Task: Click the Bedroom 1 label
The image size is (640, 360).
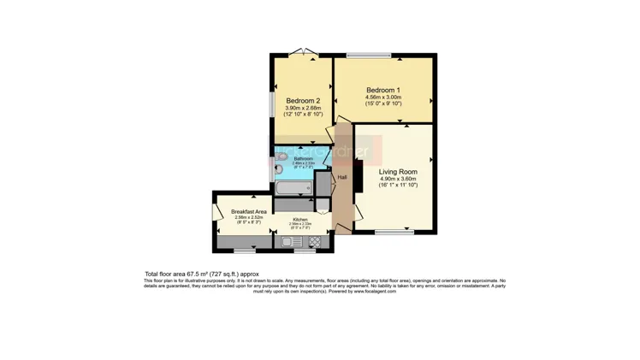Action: point(383,90)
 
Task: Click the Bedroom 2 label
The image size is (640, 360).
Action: point(303,101)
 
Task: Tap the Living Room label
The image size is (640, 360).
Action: point(398,171)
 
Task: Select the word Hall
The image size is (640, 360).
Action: point(342,177)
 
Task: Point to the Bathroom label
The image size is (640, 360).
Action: point(304,159)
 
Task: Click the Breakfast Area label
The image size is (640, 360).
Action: point(248,211)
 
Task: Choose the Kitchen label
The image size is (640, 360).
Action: point(300,220)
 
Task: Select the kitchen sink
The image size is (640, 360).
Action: point(289,242)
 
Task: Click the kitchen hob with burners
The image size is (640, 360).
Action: point(314,242)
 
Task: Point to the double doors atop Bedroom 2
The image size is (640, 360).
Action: point(302,54)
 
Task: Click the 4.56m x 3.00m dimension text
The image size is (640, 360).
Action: point(383,97)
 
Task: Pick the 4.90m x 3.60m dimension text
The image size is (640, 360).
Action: point(398,179)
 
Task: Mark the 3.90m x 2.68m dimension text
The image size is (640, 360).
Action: point(303,108)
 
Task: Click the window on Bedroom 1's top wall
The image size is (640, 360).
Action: point(369,56)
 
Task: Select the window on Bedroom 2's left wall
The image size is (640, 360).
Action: point(272,103)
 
